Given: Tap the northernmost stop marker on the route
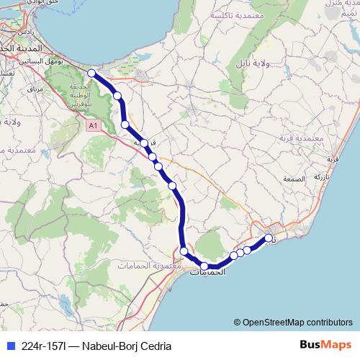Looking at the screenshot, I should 91,73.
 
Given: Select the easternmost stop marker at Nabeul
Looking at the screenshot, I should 269,238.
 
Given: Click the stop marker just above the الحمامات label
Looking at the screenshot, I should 204,266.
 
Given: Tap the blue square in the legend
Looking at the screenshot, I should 10,346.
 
